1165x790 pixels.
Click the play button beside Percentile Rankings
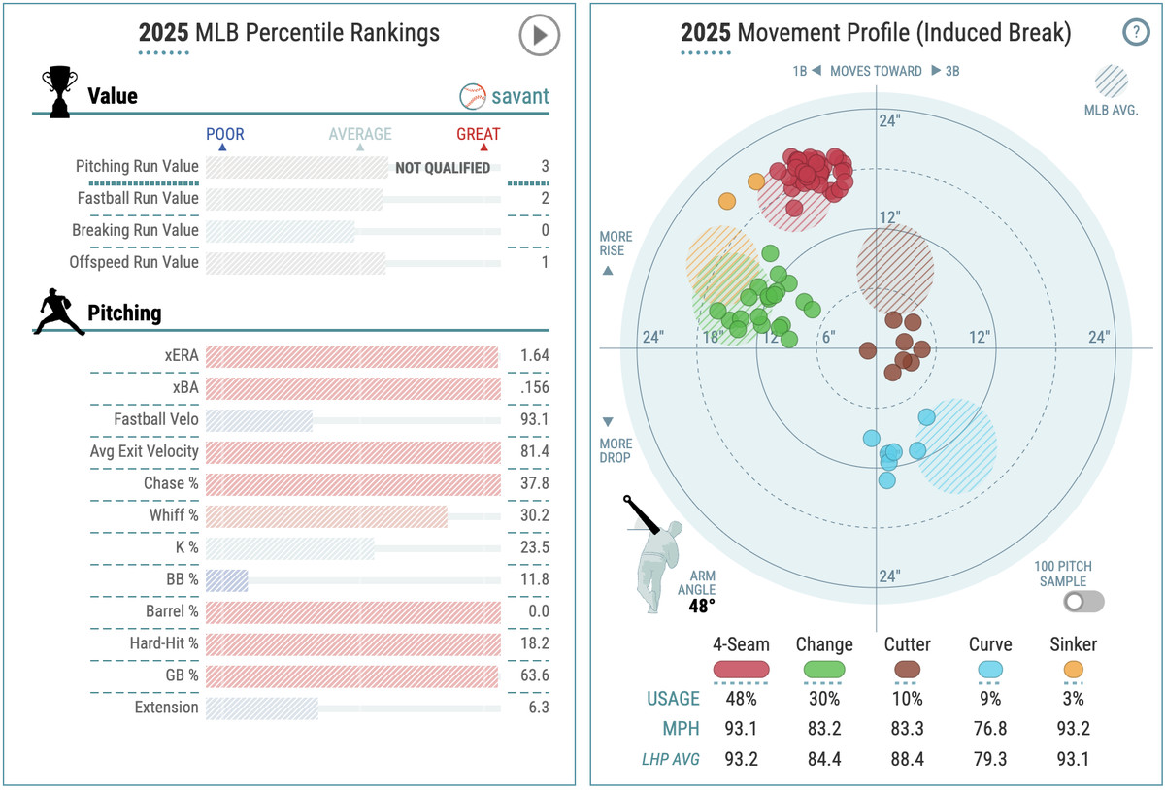coord(539,37)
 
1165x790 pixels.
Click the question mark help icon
coord(1136,33)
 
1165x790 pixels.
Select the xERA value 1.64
coord(534,355)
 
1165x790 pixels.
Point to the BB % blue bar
coord(227,579)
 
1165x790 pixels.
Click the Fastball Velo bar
coord(259,419)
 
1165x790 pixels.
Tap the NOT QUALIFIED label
coord(443,168)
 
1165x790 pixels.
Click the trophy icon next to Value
coord(59,92)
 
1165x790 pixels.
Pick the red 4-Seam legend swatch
coord(741,669)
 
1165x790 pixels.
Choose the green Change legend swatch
coord(824,669)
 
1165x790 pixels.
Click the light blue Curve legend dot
coord(990,669)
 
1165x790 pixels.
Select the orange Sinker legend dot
coord(1074,669)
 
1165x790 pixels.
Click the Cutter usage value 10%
coord(907,698)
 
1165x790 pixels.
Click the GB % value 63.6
coord(534,675)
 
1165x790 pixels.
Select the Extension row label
coord(166,708)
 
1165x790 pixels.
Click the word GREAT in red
coord(478,134)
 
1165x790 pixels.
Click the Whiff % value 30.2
coord(534,515)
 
